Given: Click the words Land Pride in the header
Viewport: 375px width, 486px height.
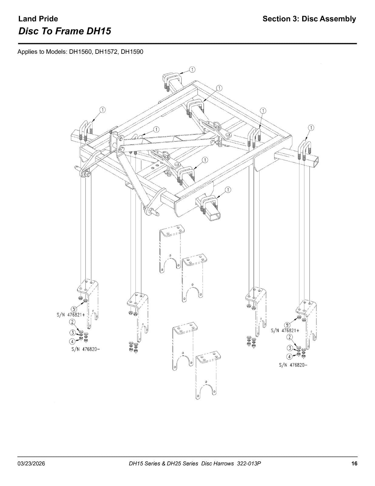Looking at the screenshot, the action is click(x=38, y=19).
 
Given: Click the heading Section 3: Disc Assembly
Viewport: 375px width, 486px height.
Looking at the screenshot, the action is click(x=309, y=19).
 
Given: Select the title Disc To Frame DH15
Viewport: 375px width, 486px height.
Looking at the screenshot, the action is click(x=65, y=31).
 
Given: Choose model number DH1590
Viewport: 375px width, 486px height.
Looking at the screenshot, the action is click(x=132, y=52).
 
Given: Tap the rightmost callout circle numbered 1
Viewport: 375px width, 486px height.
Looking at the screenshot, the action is click(x=311, y=128).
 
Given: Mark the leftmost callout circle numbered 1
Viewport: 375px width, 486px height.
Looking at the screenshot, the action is click(x=103, y=110).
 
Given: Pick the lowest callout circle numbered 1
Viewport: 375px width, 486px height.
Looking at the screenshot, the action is click(x=228, y=190).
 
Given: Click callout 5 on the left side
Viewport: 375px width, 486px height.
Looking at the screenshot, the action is click(x=74, y=309).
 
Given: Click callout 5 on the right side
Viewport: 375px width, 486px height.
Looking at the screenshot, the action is click(x=287, y=325).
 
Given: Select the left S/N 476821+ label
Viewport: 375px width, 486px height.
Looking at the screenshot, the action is click(x=71, y=315).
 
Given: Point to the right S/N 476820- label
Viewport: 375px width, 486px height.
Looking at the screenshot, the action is click(x=293, y=365).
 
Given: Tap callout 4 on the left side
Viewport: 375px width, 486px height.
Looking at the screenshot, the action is click(x=73, y=341).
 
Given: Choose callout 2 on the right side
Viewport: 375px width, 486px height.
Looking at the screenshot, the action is click(x=290, y=337).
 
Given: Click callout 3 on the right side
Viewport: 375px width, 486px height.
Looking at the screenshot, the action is click(x=290, y=348).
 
